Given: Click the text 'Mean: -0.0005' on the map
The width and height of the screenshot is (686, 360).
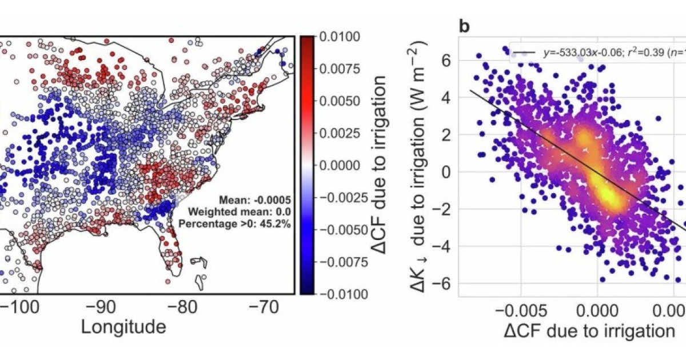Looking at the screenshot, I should pos(254,200).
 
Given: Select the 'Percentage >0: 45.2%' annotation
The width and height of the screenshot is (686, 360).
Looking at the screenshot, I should pos(235,224).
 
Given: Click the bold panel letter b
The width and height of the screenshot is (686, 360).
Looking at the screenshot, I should pos(464,26).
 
